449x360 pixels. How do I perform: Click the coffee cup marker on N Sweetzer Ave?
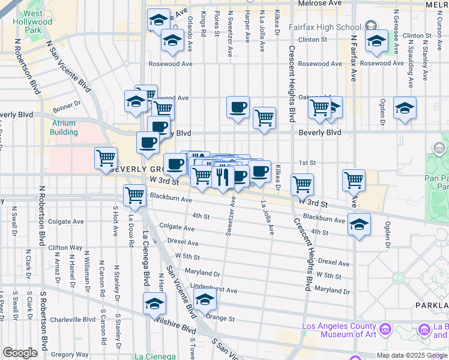(x=238, y=108)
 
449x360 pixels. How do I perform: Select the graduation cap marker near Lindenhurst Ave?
(x=205, y=299)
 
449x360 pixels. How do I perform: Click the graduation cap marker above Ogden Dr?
(x=405, y=108)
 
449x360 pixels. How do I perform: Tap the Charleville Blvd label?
(x=73, y=320)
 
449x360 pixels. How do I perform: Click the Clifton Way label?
(x=65, y=247)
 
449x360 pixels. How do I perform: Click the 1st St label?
(x=307, y=163)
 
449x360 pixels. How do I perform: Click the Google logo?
(x=20, y=353)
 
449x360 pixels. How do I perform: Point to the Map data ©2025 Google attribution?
(x=412, y=355)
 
